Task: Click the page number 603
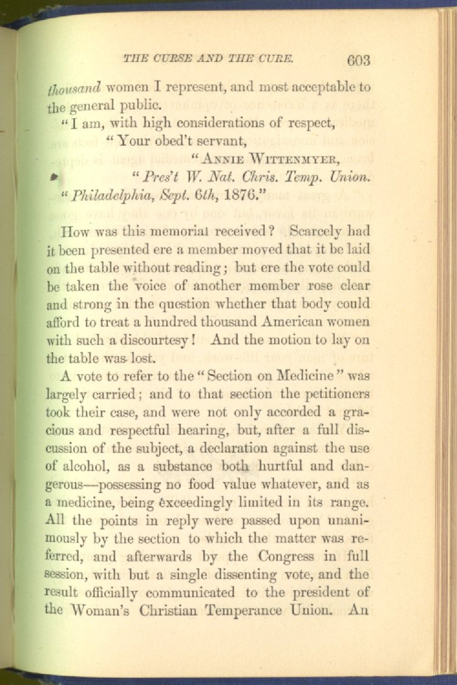[359, 60]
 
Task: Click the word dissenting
[250, 574]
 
